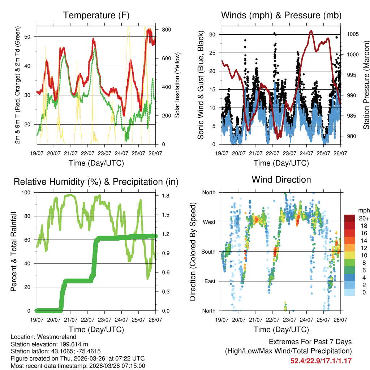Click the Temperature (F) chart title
click(x=96, y=16)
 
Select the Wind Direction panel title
click(x=281, y=180)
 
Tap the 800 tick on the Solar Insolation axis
click(x=165, y=29)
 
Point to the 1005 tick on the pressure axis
click(x=352, y=34)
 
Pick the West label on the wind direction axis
click(x=208, y=222)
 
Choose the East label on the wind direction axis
click(x=209, y=281)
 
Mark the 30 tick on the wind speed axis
click(x=212, y=34)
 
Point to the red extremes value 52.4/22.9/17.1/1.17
click(x=321, y=361)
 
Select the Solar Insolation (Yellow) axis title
click(x=177, y=85)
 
